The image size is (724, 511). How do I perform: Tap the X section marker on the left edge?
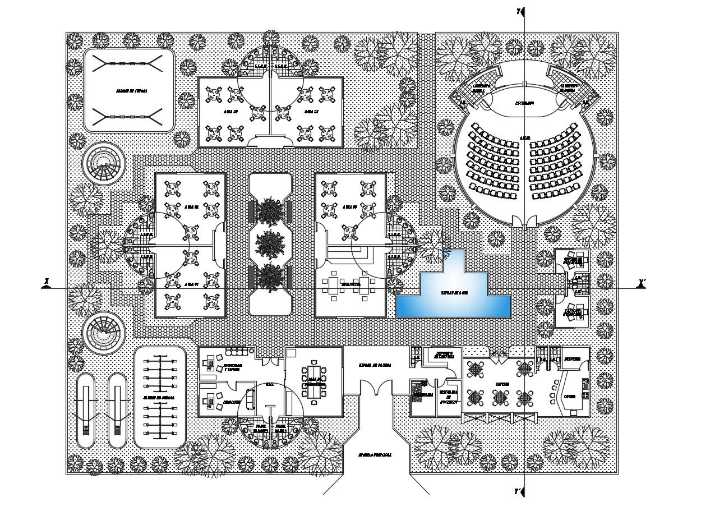pos(47,282)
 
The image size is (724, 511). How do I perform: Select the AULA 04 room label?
pos(312,112)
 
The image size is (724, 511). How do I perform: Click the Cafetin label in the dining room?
pos(501,384)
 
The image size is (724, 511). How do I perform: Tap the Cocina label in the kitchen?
pos(570,397)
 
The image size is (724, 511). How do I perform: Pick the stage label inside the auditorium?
pos(524,103)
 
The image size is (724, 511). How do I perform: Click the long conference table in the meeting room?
pos(313,381)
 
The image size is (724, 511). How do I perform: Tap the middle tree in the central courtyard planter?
pos(270,243)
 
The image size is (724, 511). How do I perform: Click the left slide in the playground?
pos(86,409)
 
